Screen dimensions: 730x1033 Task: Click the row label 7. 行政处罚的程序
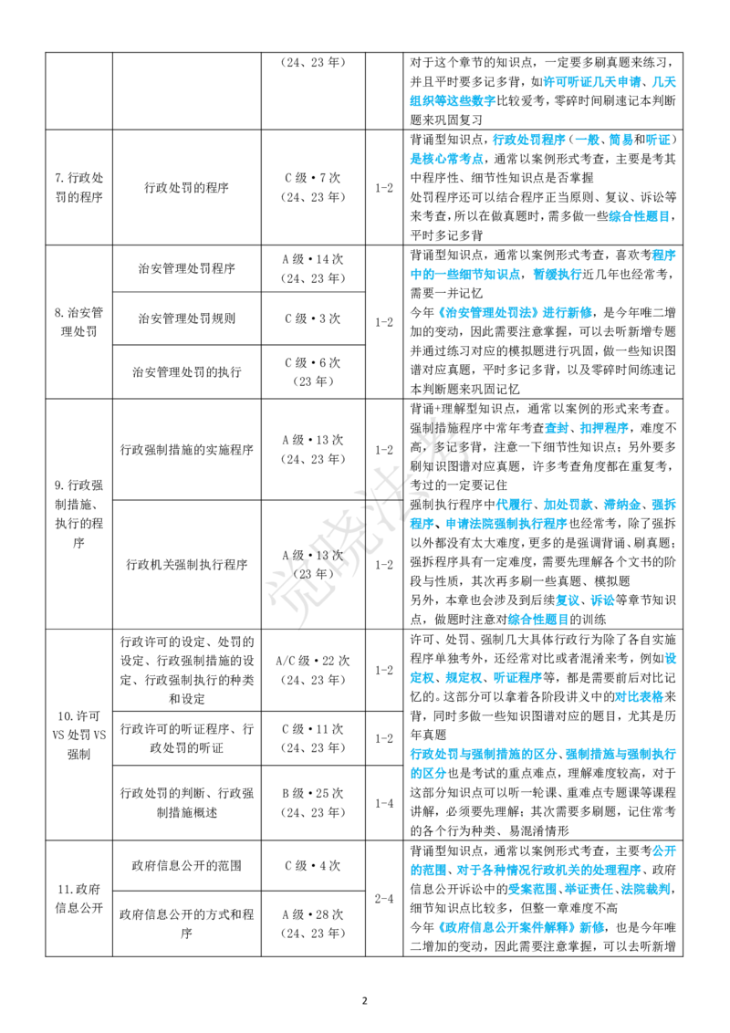(x=79, y=187)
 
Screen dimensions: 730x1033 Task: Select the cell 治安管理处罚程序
(x=186, y=269)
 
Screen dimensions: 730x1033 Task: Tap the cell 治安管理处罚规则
(x=186, y=318)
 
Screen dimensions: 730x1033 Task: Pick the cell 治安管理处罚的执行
(x=186, y=372)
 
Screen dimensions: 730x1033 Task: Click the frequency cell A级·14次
(x=313, y=269)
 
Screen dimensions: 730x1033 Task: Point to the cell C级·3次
(x=313, y=318)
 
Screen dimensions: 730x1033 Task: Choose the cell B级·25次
(x=313, y=803)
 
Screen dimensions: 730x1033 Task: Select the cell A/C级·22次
(x=313, y=670)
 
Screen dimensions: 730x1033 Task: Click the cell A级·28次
(x=313, y=923)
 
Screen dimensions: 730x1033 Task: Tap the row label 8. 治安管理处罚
(x=79, y=321)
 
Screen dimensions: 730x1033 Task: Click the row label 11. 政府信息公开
(x=79, y=899)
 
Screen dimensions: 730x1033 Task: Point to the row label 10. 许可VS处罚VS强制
(x=79, y=735)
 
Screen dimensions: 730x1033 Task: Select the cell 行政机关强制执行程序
(x=186, y=565)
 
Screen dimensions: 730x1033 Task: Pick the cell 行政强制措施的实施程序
(x=186, y=450)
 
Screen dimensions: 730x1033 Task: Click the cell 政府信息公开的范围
(x=186, y=866)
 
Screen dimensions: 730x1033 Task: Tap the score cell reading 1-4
(x=384, y=803)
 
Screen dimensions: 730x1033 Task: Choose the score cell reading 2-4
(x=384, y=899)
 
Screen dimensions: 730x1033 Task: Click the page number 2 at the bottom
(x=365, y=1001)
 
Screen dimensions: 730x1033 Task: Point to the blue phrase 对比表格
(x=639, y=696)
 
